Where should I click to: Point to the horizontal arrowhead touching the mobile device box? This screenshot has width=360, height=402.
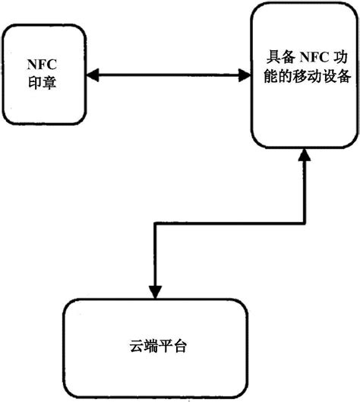tap(244, 74)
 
